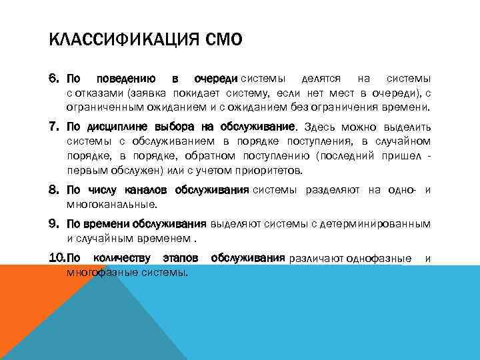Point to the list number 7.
coord(54,127)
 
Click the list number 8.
coord(54,191)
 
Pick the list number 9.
coord(54,223)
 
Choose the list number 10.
coord(56,258)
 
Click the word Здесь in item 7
coord(320,127)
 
